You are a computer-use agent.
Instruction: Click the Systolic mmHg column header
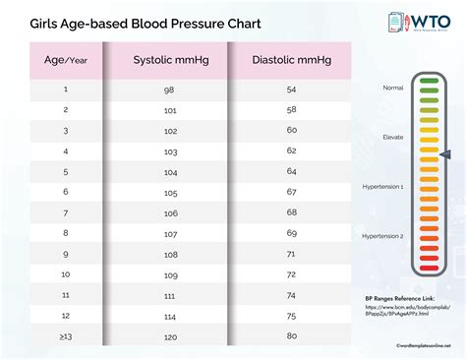click(171, 60)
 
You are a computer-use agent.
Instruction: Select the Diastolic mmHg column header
click(291, 60)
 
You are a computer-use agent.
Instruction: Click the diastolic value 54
click(291, 90)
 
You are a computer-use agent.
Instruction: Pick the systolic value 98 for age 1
click(171, 90)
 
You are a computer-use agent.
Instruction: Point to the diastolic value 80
click(291, 335)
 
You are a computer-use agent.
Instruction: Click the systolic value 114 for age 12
click(171, 315)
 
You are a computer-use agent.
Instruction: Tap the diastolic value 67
click(291, 192)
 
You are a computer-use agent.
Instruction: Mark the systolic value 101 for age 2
click(171, 110)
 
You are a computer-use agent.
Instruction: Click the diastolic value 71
click(291, 253)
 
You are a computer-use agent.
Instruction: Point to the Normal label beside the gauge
click(392, 88)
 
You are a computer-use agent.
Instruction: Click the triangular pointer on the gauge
click(445, 154)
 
